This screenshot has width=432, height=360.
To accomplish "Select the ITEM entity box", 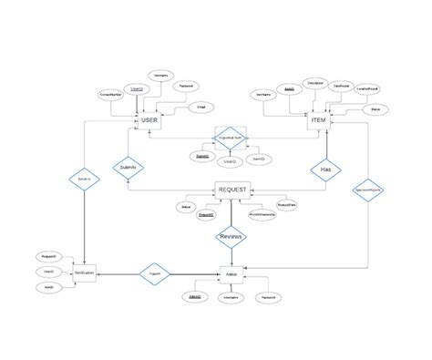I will (318, 120).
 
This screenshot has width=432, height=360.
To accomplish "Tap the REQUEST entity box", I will (231, 190).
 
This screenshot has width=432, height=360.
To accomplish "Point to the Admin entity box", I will (231, 273).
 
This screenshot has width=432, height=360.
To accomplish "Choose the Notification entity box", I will (84, 273).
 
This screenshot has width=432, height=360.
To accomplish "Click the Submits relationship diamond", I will (129, 168).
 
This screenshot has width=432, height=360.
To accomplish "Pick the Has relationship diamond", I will (325, 170).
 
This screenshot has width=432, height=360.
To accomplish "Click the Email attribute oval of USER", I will (201, 108).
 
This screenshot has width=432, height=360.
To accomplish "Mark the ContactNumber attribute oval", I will (112, 95).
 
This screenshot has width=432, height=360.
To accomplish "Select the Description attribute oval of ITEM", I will (316, 82).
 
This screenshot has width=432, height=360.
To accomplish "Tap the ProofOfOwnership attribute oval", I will (262, 215).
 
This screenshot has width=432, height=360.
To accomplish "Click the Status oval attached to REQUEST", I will (185, 208).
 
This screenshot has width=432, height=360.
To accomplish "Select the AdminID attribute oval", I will (195, 298).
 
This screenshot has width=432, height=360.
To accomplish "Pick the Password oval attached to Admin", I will (271, 298).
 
